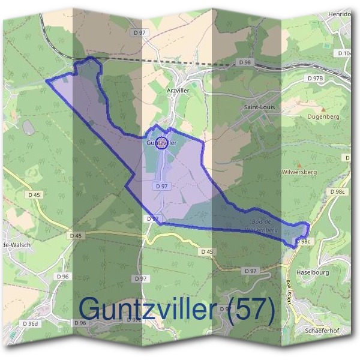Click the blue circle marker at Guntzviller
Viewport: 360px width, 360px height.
click(161, 143)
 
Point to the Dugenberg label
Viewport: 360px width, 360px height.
click(324, 117)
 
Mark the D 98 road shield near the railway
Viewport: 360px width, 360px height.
click(244, 62)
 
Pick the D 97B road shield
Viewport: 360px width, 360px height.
click(315, 79)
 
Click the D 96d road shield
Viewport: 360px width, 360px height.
click(30, 324)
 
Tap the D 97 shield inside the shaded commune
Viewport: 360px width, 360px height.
click(161, 187)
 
